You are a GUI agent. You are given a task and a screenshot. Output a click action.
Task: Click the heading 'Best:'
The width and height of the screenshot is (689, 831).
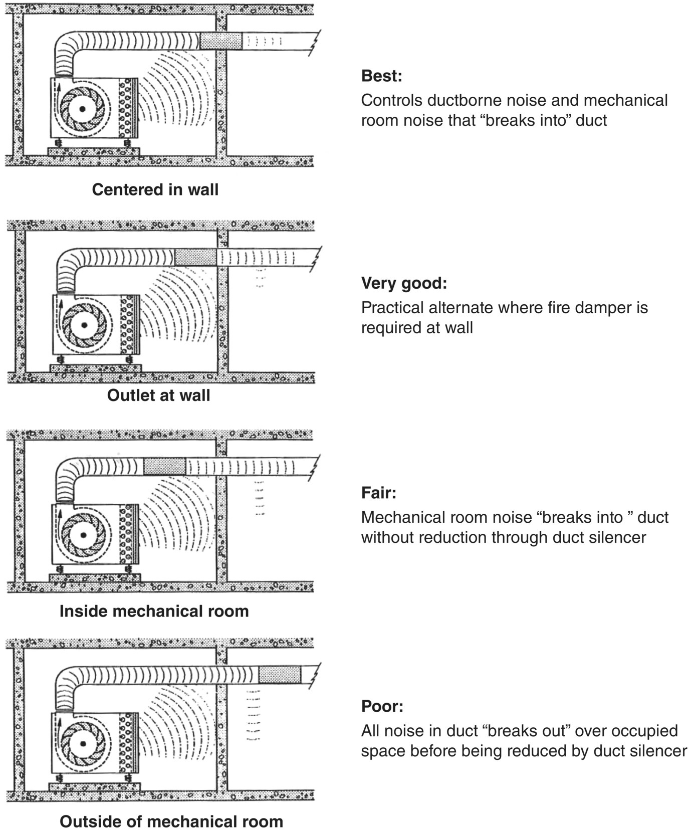pyautogui.click(x=381, y=76)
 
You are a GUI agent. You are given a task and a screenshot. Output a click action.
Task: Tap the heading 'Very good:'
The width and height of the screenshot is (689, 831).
pyautogui.click(x=403, y=283)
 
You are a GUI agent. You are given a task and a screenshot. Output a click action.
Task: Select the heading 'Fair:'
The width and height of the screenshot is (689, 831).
pyautogui.click(x=378, y=493)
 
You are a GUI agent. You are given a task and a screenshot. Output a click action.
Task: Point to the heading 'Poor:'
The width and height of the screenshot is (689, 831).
pyautogui.click(x=382, y=706)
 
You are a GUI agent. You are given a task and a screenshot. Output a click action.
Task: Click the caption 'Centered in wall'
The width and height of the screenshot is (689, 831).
pyautogui.click(x=155, y=189)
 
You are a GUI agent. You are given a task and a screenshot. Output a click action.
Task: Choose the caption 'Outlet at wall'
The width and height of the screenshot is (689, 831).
pyautogui.click(x=158, y=395)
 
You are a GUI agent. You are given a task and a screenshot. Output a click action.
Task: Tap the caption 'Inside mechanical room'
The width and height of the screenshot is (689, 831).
pyautogui.click(x=154, y=611)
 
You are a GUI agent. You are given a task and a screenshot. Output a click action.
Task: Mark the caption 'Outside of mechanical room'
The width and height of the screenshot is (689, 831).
pyautogui.click(x=171, y=821)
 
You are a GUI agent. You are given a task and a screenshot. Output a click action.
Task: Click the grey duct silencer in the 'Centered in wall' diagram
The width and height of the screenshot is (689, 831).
pyautogui.click(x=221, y=41)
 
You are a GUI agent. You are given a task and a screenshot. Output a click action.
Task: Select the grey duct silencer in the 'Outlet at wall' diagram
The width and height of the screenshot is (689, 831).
pyautogui.click(x=196, y=258)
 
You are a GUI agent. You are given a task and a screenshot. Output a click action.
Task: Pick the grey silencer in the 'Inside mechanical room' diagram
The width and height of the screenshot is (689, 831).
pyautogui.click(x=164, y=467)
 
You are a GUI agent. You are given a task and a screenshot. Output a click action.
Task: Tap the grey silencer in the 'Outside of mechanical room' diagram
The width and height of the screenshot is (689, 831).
pyautogui.click(x=280, y=675)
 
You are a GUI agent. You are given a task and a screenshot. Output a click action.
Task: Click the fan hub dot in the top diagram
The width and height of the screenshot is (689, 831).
pyautogui.click(x=82, y=109)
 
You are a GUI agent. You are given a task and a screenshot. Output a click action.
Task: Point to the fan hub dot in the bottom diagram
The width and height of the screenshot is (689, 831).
pyautogui.click(x=83, y=743)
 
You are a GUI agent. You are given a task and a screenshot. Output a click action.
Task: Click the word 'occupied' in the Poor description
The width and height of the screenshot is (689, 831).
pyautogui.click(x=647, y=731)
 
